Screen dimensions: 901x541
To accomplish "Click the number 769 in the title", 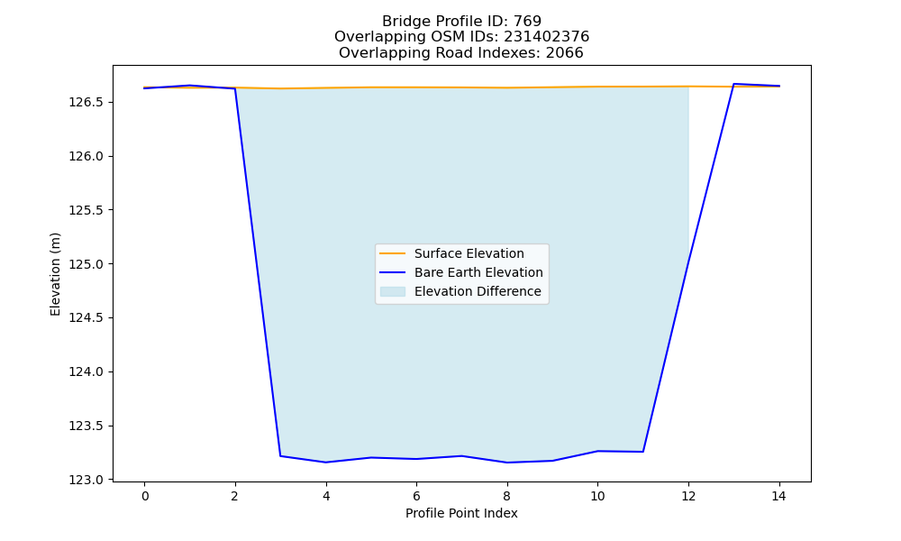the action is point(527,22).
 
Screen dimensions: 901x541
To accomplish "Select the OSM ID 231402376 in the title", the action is point(547,37).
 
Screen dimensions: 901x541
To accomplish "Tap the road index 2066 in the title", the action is point(564,53).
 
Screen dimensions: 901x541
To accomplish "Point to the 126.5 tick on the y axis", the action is point(87,102).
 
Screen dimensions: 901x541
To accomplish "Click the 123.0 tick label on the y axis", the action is point(87,480).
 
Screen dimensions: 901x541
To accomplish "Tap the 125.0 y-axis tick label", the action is point(87,264).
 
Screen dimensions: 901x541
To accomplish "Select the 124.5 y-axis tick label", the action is point(87,318).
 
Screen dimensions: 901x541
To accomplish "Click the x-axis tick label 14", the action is point(778,496).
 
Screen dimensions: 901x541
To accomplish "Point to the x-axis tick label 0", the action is point(145,496).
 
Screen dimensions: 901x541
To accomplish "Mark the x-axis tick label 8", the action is point(506,496).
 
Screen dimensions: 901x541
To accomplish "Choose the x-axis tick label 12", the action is point(688,496).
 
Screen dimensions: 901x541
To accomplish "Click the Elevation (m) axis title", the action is point(55,274).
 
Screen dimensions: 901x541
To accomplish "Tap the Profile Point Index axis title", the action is point(461,513).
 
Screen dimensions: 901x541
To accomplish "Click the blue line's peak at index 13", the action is point(733,84).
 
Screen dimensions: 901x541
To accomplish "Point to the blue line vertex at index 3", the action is point(280,456).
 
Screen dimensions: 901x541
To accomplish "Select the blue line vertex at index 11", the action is point(643,452).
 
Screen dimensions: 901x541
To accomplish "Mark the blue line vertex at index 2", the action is point(235,88).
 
